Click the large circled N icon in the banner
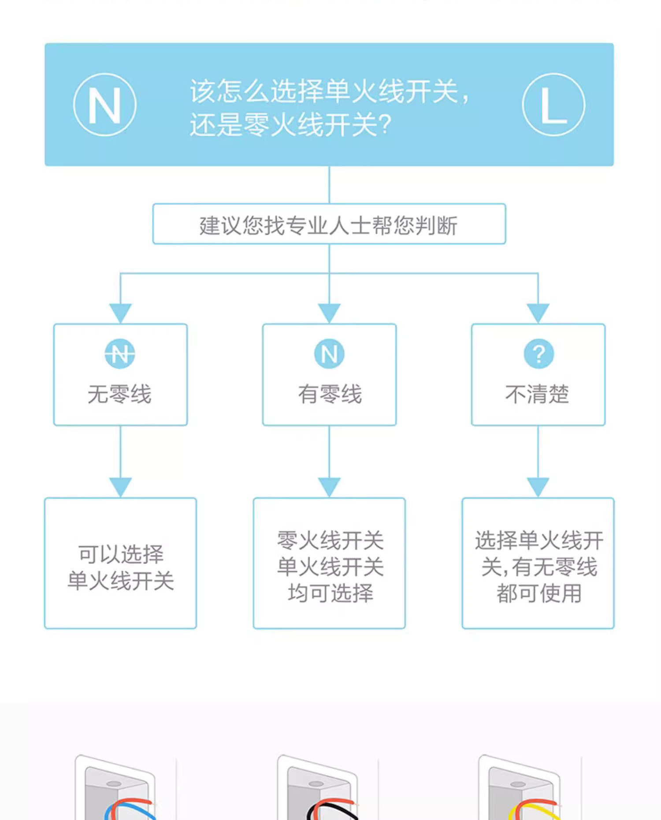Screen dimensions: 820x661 105,105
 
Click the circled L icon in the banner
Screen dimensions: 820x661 553,105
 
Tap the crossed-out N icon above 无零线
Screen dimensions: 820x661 120,354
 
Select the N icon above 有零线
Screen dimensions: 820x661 329,354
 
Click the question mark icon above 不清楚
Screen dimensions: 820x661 538,354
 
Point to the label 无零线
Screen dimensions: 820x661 119,394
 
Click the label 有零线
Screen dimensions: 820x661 330,394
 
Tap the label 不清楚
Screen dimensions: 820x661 537,394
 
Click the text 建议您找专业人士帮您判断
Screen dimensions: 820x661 329,226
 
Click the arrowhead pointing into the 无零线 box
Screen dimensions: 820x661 120,313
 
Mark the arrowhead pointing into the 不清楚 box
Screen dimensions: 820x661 538,313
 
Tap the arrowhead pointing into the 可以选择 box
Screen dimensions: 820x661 120,487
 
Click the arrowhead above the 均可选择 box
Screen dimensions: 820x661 329,487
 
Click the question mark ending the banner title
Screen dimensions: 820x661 385,125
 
